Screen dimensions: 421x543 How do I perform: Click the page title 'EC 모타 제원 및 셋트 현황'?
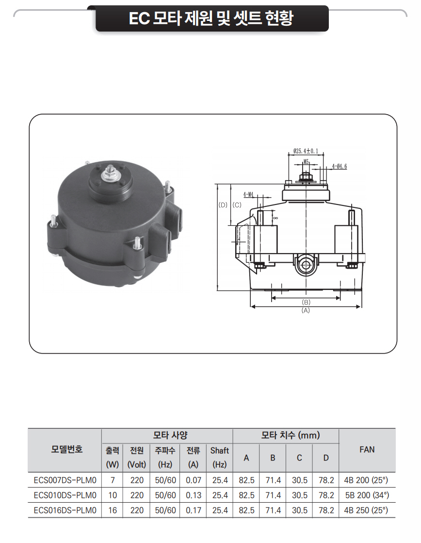coord(211,18)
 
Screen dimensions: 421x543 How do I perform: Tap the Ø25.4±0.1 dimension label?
coord(306,151)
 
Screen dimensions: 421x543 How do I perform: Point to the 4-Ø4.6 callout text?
coord(340,166)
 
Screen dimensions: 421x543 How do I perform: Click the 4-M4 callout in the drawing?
coord(248,194)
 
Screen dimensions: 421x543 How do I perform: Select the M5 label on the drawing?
coord(306,162)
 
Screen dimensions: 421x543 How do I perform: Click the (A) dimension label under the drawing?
coord(306,311)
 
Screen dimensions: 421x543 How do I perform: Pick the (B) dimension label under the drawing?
coord(306,302)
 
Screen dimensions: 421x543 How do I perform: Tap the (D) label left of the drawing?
coord(223,204)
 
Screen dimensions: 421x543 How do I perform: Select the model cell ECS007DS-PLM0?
coord(65,480)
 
